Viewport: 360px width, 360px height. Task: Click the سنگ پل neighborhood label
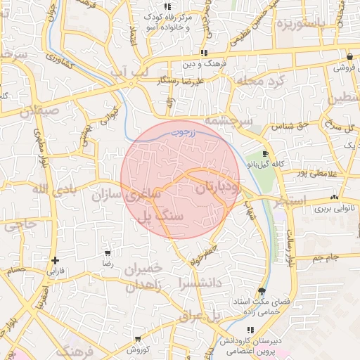click(162, 215)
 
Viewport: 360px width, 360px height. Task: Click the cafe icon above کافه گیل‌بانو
click(264, 153)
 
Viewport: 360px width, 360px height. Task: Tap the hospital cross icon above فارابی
click(55, 260)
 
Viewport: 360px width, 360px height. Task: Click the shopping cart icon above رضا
click(108, 253)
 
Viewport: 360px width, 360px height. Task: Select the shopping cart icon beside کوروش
click(130, 340)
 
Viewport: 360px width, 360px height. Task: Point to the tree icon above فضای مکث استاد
click(262, 291)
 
